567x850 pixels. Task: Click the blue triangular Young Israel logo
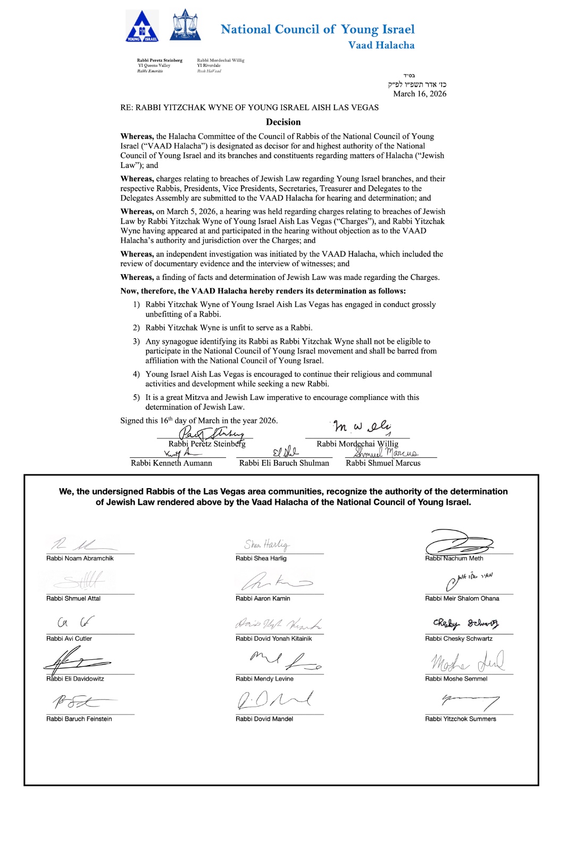pyautogui.click(x=141, y=27)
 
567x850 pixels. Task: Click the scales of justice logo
pyautogui.click(x=185, y=25)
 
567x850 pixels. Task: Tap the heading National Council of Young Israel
pyautogui.click(x=318, y=29)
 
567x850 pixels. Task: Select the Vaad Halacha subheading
pyautogui.click(x=381, y=45)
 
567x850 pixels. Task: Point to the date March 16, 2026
pyautogui.click(x=420, y=94)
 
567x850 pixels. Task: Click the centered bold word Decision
pyautogui.click(x=283, y=122)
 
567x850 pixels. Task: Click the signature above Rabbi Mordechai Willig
pyautogui.click(x=362, y=427)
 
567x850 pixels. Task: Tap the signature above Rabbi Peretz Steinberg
pyautogui.click(x=211, y=433)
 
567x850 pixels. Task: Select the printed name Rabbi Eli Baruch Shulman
pyautogui.click(x=284, y=463)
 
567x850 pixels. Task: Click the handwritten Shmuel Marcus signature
pyautogui.click(x=387, y=453)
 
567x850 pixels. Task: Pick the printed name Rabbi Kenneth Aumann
pyautogui.click(x=171, y=463)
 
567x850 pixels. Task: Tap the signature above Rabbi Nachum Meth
pyautogui.click(x=458, y=542)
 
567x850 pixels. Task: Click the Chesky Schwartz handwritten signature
pyautogui.click(x=465, y=623)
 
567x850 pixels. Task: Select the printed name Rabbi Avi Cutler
pyautogui.click(x=69, y=639)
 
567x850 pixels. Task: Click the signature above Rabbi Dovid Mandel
pyautogui.click(x=274, y=700)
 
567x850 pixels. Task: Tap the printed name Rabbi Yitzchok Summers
pyautogui.click(x=461, y=719)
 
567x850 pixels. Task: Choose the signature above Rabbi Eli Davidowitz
pyautogui.click(x=76, y=662)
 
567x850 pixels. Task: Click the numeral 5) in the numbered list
pyautogui.click(x=136, y=397)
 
